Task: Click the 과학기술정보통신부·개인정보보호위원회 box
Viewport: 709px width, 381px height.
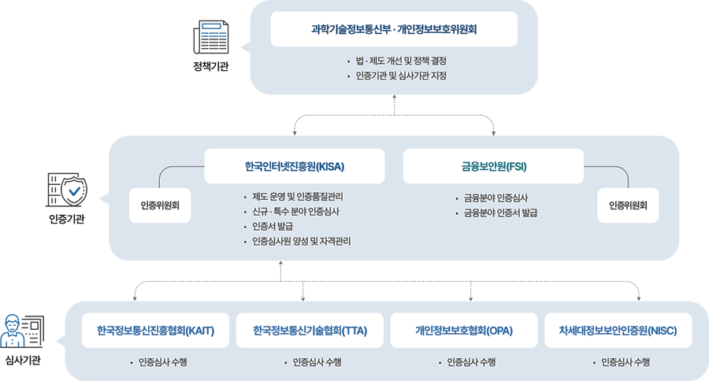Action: (x=394, y=30)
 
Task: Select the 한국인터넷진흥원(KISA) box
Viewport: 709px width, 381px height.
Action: (x=294, y=167)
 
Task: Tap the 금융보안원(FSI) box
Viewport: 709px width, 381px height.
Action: (x=493, y=167)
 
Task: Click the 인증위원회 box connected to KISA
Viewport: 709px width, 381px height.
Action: (x=160, y=205)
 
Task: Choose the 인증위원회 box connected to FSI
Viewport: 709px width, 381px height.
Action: (x=628, y=205)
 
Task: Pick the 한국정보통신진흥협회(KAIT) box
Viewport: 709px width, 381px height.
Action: (x=155, y=331)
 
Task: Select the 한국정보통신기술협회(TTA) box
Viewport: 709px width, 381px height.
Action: (x=310, y=331)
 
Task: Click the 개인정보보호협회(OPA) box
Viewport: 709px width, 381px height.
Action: (x=464, y=331)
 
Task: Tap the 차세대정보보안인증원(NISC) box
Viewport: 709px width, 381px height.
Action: (x=618, y=331)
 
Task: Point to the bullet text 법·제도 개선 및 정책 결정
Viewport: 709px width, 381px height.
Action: (x=401, y=61)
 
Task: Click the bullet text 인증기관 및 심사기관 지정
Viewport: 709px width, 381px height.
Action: (x=401, y=76)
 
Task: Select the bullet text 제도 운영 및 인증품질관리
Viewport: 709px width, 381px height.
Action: (x=297, y=197)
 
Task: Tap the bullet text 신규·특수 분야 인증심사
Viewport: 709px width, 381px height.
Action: (x=295, y=212)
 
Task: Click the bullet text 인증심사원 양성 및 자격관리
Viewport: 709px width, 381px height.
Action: (x=301, y=241)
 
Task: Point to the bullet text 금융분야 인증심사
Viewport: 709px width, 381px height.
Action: (x=496, y=198)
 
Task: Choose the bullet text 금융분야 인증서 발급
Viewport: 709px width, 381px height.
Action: (x=500, y=213)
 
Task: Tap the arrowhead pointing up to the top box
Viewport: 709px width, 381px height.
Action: (x=392, y=101)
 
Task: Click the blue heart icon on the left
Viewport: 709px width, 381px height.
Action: (x=73, y=191)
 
